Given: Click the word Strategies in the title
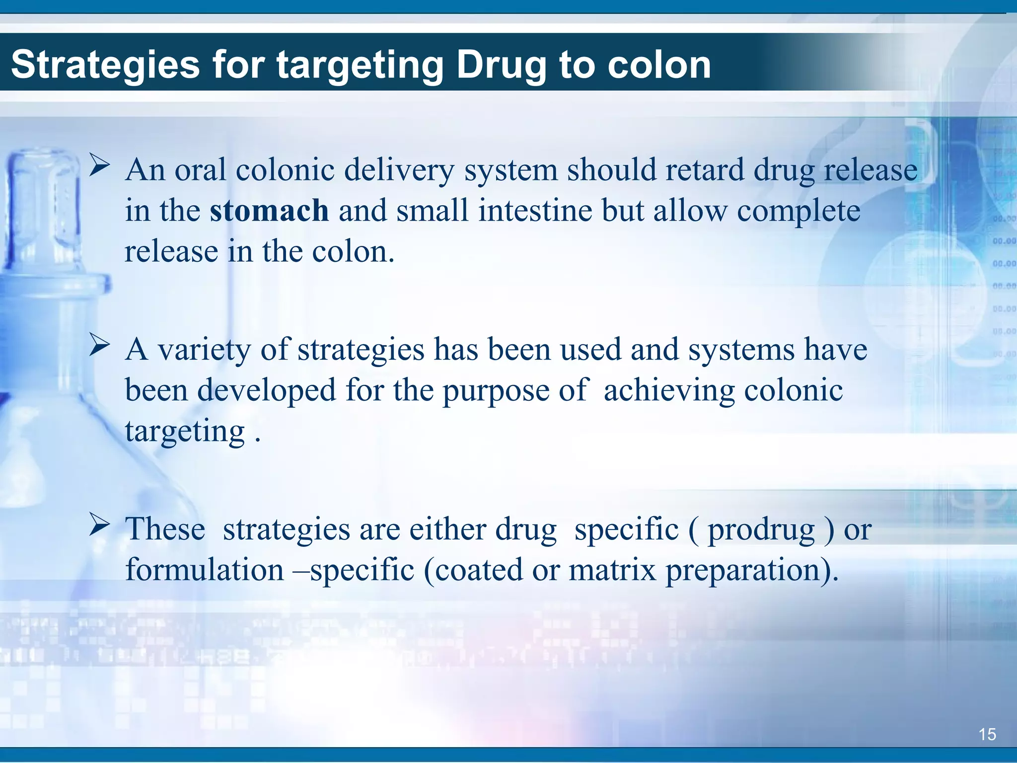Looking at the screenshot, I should click(x=105, y=65).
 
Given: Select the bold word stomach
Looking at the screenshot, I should click(x=269, y=211).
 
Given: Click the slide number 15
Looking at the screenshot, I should click(x=987, y=734).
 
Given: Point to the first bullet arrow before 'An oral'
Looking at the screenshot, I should click(x=99, y=165).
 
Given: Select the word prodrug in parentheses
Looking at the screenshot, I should click(x=761, y=530).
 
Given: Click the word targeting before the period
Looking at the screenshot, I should click(x=185, y=431).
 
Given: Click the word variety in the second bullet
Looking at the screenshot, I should click(x=204, y=350).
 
